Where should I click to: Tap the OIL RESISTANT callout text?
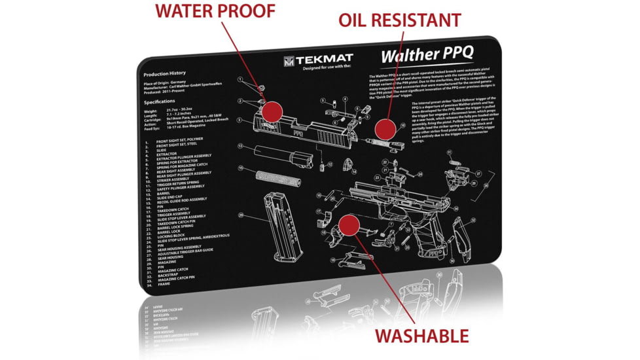click(399, 20)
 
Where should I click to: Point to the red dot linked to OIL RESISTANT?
click(385, 127)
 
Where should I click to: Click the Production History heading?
click(165, 73)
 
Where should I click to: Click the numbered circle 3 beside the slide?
click(240, 120)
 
